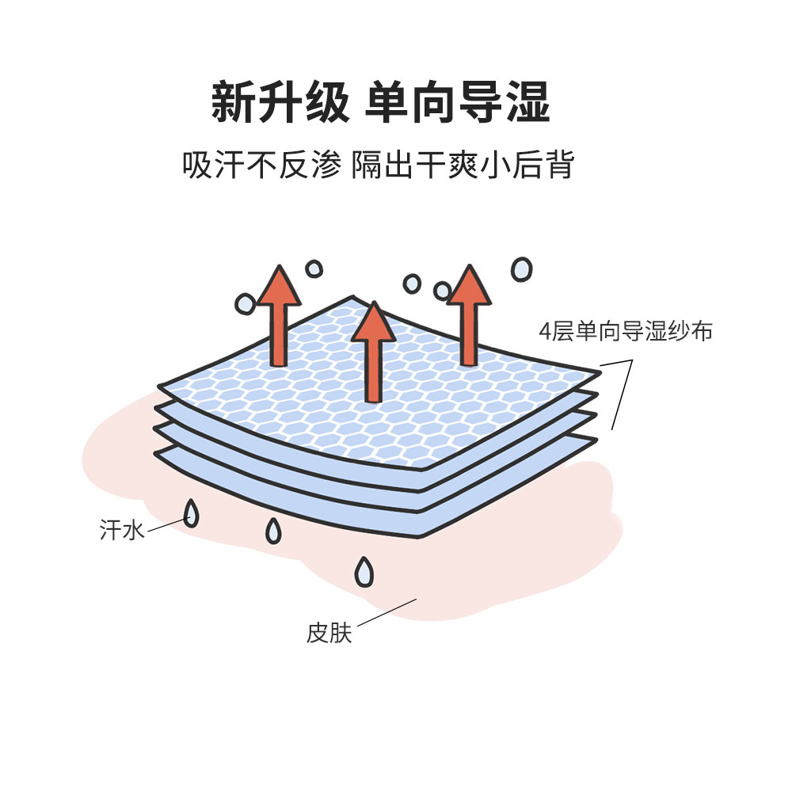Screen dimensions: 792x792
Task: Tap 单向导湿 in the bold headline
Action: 457,103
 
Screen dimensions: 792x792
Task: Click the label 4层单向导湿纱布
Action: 626,330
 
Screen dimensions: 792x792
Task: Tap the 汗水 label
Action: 122,530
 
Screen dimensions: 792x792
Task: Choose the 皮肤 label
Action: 329,634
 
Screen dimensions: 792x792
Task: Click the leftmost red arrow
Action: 278,317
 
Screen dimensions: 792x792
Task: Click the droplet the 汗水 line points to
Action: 191,515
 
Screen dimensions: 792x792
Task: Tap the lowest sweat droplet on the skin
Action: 364,572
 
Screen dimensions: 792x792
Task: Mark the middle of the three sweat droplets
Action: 273,531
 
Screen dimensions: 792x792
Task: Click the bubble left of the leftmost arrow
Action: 245,303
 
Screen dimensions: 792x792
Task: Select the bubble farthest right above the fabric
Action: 521,269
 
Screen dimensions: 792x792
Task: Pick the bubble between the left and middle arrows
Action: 314,269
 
